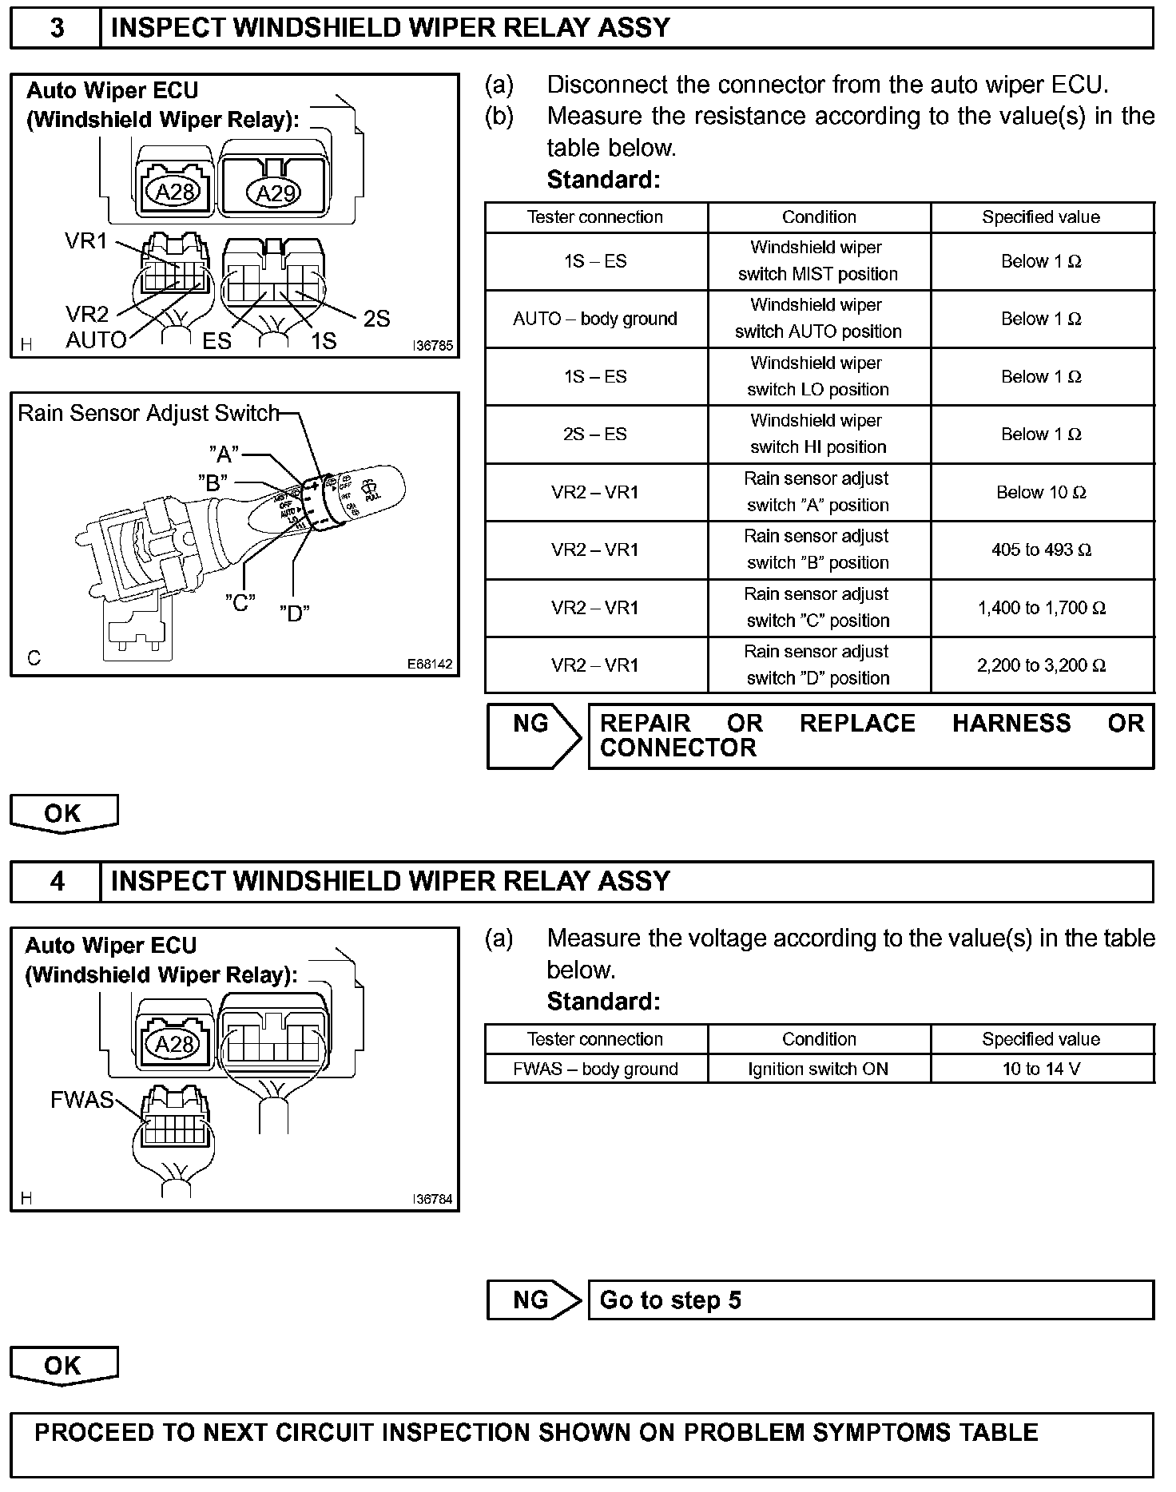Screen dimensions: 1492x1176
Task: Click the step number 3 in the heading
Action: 57,28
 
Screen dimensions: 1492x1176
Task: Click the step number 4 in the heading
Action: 57,882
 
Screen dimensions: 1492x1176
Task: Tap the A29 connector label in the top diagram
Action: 275,192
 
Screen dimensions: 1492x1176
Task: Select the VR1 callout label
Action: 85,240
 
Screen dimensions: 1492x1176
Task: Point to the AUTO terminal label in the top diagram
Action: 96,340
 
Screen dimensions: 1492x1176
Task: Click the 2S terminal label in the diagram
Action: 376,319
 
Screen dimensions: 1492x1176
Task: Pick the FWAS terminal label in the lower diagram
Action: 82,1100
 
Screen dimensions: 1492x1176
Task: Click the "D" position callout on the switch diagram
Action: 295,613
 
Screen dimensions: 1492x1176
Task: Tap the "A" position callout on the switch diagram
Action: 224,454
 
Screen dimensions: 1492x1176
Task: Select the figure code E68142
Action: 430,664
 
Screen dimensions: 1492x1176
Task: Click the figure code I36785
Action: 432,346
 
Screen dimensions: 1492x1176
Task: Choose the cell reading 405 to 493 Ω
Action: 1041,550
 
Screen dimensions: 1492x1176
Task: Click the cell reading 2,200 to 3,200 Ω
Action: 1041,665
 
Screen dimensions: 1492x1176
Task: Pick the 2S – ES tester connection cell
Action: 595,435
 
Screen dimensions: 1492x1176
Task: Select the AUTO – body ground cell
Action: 595,319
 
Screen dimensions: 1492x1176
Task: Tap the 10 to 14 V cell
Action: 1041,1069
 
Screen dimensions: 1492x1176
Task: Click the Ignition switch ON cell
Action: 818,1069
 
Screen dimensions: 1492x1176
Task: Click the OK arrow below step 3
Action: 63,813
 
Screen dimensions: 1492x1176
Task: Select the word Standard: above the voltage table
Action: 603,1001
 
